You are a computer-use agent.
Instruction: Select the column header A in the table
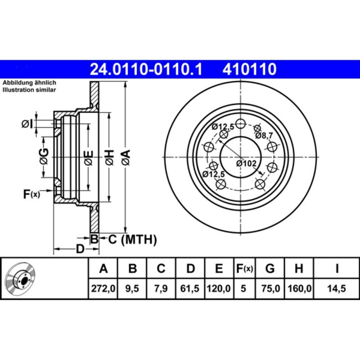(103, 269)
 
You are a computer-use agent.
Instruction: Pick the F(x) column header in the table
(245, 269)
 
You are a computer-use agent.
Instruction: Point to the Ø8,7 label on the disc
(264, 135)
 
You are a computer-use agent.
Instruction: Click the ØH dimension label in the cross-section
(109, 157)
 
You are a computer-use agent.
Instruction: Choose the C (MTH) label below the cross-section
(132, 239)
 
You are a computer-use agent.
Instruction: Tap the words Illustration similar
(29, 90)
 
